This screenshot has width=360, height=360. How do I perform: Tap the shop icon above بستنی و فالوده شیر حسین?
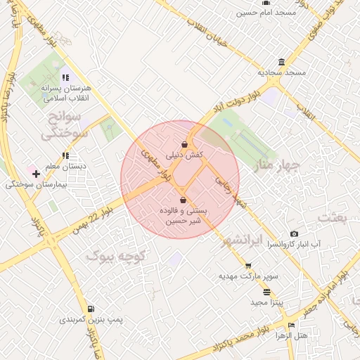[184, 200]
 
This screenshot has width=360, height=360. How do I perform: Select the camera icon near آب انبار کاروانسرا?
[294, 233]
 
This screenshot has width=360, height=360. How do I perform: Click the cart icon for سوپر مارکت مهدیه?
[248, 266]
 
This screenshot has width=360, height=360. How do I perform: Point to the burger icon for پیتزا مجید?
[266, 292]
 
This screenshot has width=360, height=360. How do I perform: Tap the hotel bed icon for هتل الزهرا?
[291, 326]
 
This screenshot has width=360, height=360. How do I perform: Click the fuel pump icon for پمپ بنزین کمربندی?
[90, 309]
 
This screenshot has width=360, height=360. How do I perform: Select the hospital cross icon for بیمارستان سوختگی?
[36, 174]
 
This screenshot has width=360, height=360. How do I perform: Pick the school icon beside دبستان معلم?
[65, 155]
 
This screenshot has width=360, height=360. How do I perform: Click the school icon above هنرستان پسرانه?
[65, 78]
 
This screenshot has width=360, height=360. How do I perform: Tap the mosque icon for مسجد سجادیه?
[281, 62]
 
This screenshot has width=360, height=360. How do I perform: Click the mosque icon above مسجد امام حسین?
[266, 2]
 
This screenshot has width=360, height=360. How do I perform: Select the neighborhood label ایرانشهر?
[241, 240]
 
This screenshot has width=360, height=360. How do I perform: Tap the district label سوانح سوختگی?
[65, 124]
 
